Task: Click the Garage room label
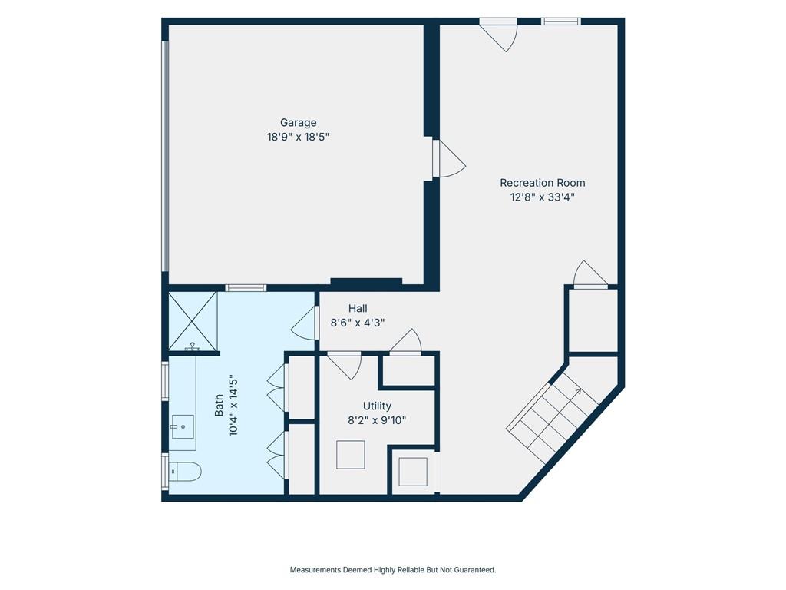[x=299, y=123]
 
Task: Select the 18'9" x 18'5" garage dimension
[x=299, y=137]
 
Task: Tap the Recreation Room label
[x=543, y=183]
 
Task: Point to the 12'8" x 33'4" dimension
[x=543, y=197]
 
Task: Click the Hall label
[x=358, y=309]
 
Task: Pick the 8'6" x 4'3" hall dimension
[x=358, y=323]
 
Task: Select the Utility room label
[x=377, y=406]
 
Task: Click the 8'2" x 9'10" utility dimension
[x=377, y=420]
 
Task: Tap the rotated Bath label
[x=219, y=406]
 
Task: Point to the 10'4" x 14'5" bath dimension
[x=233, y=406]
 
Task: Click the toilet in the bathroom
[x=185, y=472]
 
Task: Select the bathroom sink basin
[x=183, y=426]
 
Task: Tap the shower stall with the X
[x=193, y=321]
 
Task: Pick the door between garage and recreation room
[x=449, y=158]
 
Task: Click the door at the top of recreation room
[x=499, y=35]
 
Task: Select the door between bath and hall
[x=304, y=323]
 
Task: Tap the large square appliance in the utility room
[x=350, y=455]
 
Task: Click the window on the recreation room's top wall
[x=561, y=22]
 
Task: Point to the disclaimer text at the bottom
[x=393, y=570]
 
